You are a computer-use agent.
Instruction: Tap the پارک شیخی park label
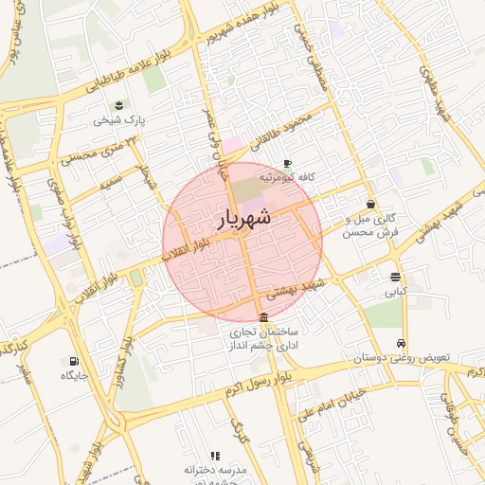(118, 121)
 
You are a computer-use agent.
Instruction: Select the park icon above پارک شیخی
(118, 105)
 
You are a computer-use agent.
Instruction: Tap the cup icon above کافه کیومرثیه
(287, 164)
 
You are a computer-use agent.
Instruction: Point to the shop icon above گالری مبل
(370, 204)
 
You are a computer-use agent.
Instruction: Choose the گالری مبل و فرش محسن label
(370, 225)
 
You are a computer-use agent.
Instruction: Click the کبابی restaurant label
(395, 293)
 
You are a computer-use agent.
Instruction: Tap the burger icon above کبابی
(395, 277)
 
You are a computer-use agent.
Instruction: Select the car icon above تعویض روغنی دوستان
(402, 343)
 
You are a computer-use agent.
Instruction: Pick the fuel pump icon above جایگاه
(74, 361)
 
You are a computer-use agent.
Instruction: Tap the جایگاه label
(74, 377)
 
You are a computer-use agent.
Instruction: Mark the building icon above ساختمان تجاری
(263, 317)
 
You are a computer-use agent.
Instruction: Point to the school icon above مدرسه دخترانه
(215, 456)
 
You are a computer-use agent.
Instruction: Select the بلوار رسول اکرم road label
(242, 384)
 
